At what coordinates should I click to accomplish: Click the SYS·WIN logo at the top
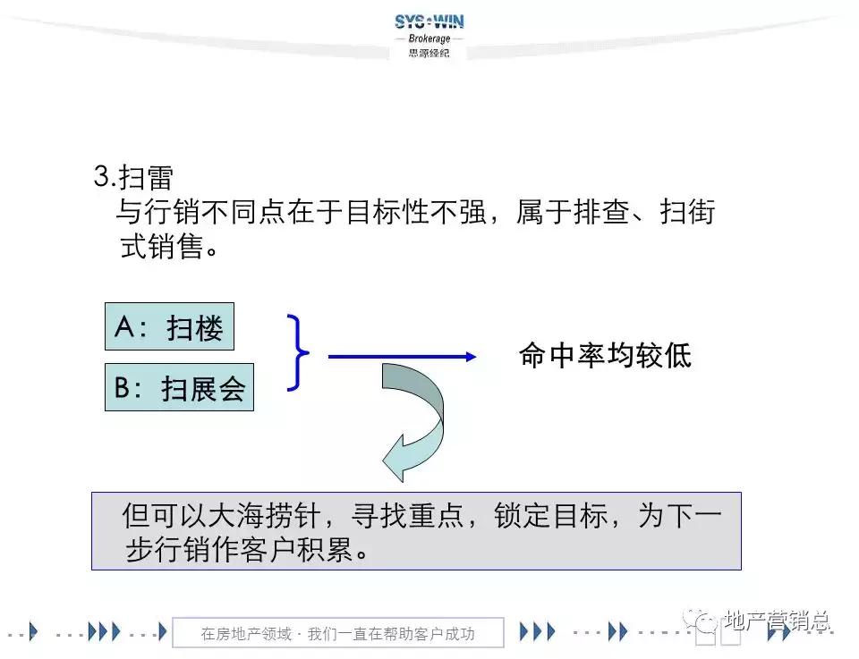(x=429, y=21)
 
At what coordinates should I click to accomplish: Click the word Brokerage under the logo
(x=429, y=39)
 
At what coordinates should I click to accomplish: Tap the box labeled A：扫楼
(x=169, y=328)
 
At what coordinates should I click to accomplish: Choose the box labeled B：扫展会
(x=179, y=388)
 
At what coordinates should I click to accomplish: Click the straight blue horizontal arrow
(x=402, y=357)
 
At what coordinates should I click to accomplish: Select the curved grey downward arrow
(x=415, y=420)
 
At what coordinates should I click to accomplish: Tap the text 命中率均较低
(x=605, y=356)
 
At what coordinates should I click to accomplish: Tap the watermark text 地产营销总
(x=777, y=621)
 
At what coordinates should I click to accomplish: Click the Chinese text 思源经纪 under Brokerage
(x=429, y=53)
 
